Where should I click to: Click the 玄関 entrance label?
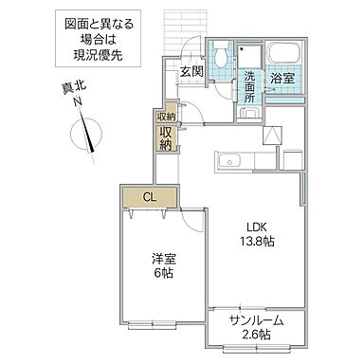pyautogui.click(x=191, y=72)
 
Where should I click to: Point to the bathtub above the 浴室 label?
pyautogui.click(x=282, y=53)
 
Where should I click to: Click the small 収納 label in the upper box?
pyautogui.click(x=166, y=117)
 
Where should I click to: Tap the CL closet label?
pyautogui.click(x=150, y=197)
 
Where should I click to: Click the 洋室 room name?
pyautogui.click(x=159, y=258)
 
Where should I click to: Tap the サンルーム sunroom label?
pyautogui.click(x=256, y=320)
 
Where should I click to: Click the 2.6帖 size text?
pyautogui.click(x=256, y=335)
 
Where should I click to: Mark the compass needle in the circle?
pyautogui.click(x=90, y=134)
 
